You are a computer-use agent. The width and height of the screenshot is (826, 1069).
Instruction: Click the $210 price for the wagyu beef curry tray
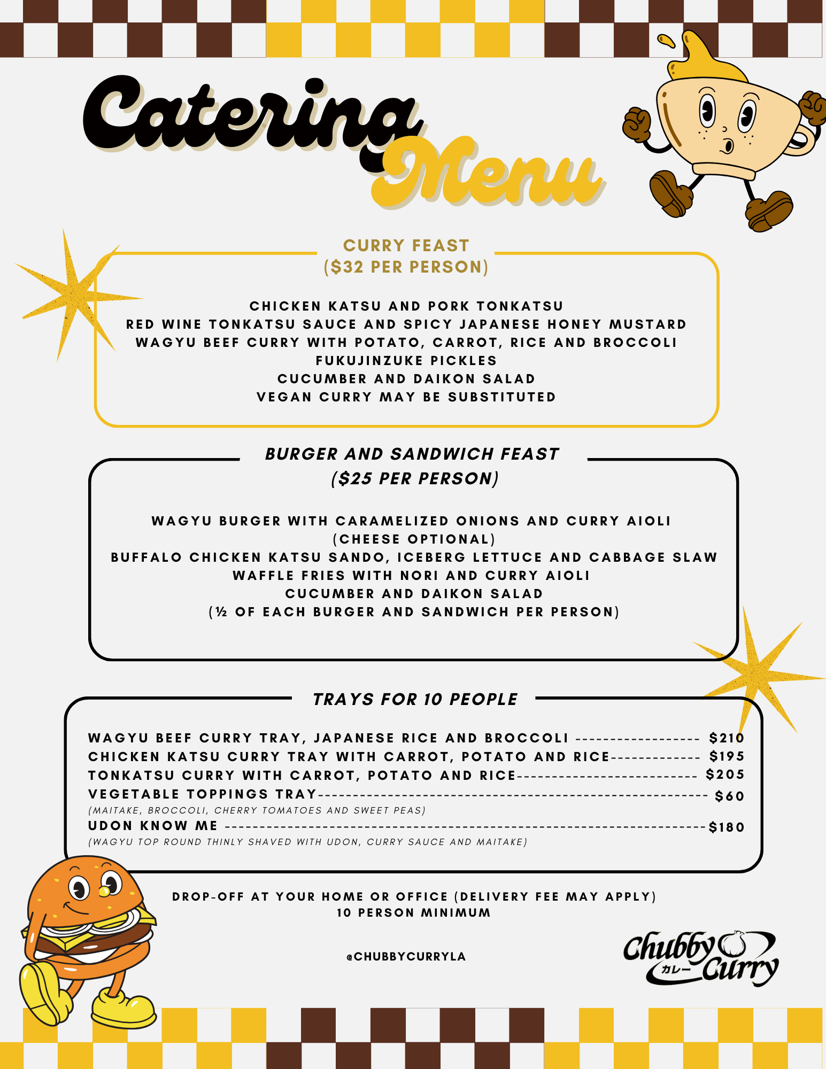727,738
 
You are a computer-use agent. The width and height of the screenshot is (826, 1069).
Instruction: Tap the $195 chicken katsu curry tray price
727,756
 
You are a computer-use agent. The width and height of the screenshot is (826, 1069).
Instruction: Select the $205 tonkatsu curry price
725,774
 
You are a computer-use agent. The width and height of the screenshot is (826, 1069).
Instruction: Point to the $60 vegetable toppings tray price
729,796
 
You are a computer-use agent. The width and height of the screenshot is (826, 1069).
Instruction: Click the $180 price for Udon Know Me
727,827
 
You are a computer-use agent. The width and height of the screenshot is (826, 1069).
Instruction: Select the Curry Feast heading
406,245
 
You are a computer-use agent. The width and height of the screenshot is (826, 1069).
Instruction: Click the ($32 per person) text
406,267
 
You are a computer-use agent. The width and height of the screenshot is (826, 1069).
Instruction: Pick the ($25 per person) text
415,478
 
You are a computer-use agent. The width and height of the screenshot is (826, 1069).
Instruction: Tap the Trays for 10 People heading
415,699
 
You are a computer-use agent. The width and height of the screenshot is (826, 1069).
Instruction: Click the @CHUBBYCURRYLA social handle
406,957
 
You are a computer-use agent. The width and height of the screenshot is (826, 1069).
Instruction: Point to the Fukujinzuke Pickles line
406,361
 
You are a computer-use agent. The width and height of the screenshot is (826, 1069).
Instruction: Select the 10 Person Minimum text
413,913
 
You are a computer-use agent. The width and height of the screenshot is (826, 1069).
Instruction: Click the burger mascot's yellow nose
104,891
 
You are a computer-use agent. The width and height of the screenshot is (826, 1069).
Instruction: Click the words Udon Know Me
153,826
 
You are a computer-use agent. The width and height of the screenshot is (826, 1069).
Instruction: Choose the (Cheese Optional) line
414,539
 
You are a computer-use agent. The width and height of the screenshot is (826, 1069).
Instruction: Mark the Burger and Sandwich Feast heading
412,454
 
